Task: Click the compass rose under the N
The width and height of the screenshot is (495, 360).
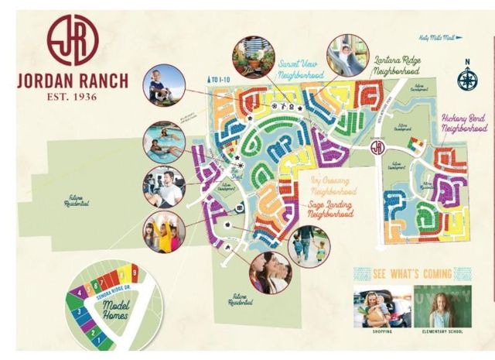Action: click(466, 79)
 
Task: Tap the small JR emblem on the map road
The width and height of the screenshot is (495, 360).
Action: click(377, 147)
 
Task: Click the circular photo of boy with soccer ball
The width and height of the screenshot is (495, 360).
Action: click(164, 85)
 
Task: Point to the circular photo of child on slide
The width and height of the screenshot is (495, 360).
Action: click(347, 53)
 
